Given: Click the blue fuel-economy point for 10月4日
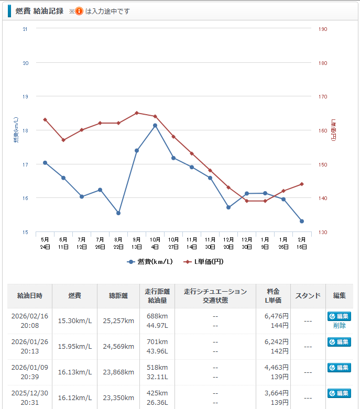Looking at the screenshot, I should tap(155, 126).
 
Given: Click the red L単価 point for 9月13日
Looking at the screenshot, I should tap(137, 113).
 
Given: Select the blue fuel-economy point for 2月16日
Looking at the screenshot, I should tap(302, 221).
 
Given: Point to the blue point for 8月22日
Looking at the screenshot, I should tap(118, 213).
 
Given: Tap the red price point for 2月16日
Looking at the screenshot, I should tap(302, 184).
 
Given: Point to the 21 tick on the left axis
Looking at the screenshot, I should tap(25, 29).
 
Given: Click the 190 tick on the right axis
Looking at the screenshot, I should tap(323, 29).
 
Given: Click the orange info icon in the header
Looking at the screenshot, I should tap(79, 11).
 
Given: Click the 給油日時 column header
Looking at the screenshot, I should tap(30, 296).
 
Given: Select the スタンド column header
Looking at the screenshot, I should tap(308, 296).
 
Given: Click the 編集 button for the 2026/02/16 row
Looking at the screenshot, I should tap(339, 316).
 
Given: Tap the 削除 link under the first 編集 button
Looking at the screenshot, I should tap(339, 325).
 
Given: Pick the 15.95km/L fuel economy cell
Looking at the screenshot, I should tap(75, 347).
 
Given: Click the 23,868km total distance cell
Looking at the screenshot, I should tap(119, 372).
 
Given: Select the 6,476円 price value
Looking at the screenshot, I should tap(277, 316).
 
